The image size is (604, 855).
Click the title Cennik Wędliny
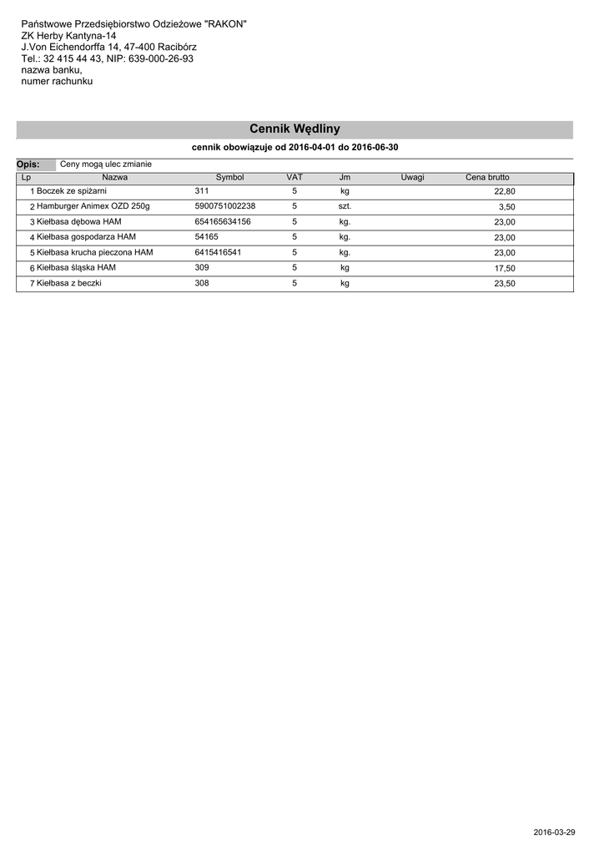[294, 129]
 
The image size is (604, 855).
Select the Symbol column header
[229, 178]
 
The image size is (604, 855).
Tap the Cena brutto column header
[487, 178]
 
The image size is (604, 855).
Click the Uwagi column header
[412, 178]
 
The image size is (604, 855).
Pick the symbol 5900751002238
[225, 206]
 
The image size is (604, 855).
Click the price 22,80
[505, 192]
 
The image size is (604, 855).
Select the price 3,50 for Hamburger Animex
[507, 207]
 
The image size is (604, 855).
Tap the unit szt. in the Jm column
[345, 206]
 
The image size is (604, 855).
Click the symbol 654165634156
[223, 222]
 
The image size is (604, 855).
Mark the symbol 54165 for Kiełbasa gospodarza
[206, 237]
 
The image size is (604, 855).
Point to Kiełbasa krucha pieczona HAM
[95, 252]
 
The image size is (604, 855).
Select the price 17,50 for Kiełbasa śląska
[505, 268]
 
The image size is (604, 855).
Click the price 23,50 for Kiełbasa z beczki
[505, 284]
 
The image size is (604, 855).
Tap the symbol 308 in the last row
[202, 283]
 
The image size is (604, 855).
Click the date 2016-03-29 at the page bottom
[554, 832]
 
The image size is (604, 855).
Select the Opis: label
[28, 164]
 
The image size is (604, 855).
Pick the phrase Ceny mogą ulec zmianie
[106, 164]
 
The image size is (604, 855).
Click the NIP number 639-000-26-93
[161, 59]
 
